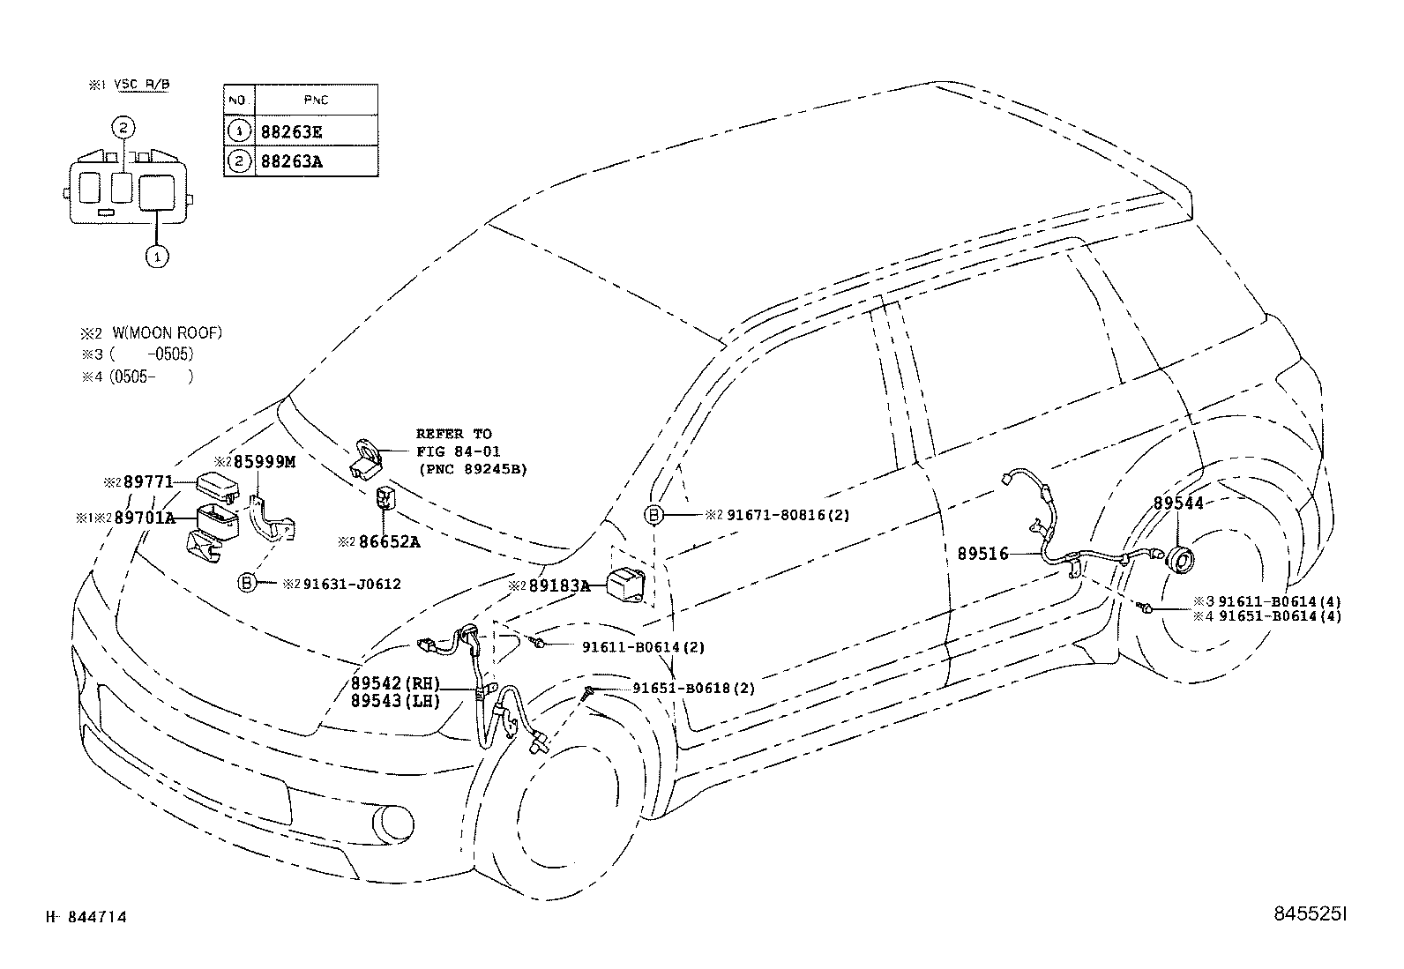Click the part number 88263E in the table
[x=292, y=131]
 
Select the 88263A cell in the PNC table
[x=292, y=162]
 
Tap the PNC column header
[x=315, y=101]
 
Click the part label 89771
[x=147, y=482]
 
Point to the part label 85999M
[x=264, y=461]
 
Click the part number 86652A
[x=389, y=541]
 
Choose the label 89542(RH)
[x=394, y=683]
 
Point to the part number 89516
[x=982, y=554]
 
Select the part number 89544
[x=1178, y=503]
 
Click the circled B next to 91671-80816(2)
[x=655, y=515]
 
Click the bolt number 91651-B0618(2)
[x=693, y=689]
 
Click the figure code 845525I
[x=1311, y=916]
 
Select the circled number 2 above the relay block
[x=124, y=128]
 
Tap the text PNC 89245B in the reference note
[x=472, y=469]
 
